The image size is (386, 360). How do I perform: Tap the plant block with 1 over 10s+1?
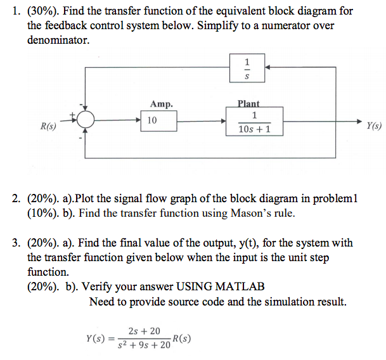pos(254,120)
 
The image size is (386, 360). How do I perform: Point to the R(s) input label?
pos(48,126)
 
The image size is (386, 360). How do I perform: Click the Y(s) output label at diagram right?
pos(374,125)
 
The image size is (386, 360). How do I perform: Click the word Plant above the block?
pos(248,104)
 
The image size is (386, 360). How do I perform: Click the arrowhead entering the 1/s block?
pos(269,66)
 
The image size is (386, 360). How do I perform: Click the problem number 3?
pos(16,243)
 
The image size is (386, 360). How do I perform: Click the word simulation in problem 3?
pos(274,302)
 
